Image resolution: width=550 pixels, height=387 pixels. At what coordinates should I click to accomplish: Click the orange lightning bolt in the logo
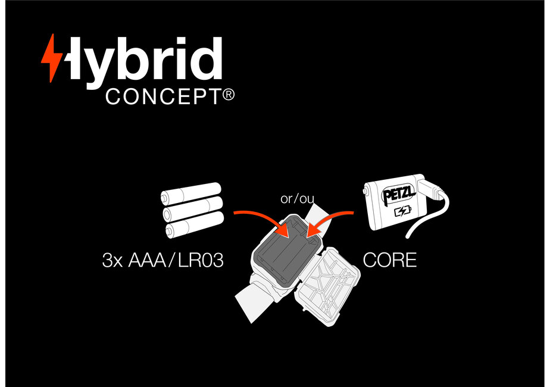pyautogui.click(x=51, y=58)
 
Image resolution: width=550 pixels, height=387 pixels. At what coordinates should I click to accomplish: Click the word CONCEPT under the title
pyautogui.click(x=164, y=98)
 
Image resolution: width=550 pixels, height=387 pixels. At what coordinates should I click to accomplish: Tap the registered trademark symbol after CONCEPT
pyautogui.click(x=229, y=95)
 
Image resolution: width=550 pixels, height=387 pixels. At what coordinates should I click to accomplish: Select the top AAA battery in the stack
pyautogui.click(x=190, y=193)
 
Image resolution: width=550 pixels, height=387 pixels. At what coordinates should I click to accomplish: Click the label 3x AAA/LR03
pyautogui.click(x=162, y=261)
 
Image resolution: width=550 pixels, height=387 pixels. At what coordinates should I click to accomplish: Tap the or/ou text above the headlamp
pyautogui.click(x=297, y=198)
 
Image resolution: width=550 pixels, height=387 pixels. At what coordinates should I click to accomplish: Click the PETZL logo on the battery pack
pyautogui.click(x=396, y=193)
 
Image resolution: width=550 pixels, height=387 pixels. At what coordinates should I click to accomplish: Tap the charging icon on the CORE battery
pyautogui.click(x=403, y=211)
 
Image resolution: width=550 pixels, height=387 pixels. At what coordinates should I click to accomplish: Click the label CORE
pyautogui.click(x=390, y=260)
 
